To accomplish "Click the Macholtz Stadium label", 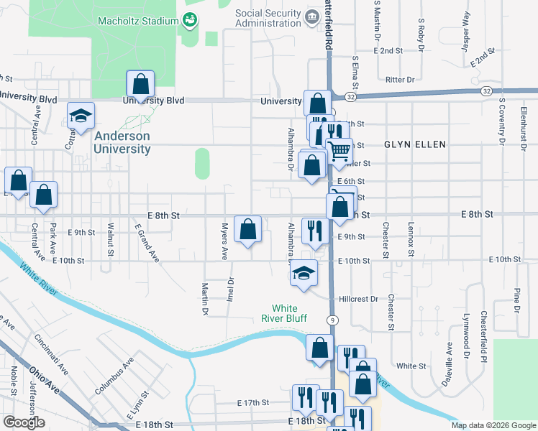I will (138, 19).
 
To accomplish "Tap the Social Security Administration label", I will (268, 18).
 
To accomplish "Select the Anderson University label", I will (122, 142).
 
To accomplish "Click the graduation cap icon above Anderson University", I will (81, 116).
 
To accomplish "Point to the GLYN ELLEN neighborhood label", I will (415, 144).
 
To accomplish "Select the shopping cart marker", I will (339, 152).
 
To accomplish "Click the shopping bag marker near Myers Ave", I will (247, 229).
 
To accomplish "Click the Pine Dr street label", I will (516, 300).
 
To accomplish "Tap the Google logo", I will (24, 422).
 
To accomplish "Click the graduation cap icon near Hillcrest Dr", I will (305, 274).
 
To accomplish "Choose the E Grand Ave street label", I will (146, 242).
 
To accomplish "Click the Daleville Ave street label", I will (450, 359).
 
